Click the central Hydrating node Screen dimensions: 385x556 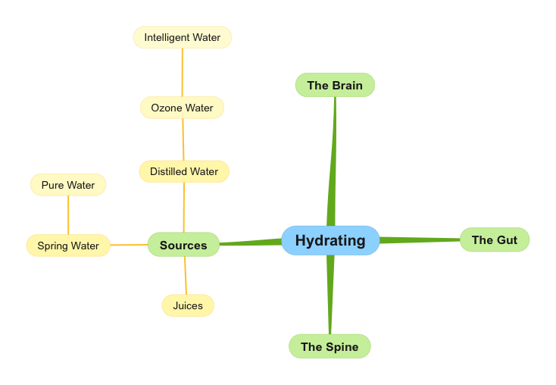[x=330, y=240]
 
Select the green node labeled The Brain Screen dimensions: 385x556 [x=335, y=85]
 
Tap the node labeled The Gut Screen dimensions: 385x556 [x=494, y=239]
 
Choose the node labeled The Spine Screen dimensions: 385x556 [x=330, y=346]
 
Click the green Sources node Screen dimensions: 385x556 [x=183, y=245]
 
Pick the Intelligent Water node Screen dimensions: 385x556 [x=182, y=37]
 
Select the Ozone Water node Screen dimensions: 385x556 [x=182, y=108]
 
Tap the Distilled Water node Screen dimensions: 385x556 [x=184, y=171]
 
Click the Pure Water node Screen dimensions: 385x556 [x=68, y=185]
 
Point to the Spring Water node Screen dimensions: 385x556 [x=68, y=246]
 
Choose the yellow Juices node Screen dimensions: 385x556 [x=188, y=305]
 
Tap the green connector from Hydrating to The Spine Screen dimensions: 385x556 [x=330, y=296]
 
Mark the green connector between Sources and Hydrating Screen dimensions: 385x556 [x=250, y=243]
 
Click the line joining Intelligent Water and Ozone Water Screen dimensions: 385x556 [x=182, y=73]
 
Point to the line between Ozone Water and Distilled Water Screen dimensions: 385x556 [x=183, y=139]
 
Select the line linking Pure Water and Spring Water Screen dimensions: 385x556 [x=68, y=215]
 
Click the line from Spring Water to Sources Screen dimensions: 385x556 [x=129, y=245]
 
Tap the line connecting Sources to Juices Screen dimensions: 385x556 [x=186, y=276]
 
